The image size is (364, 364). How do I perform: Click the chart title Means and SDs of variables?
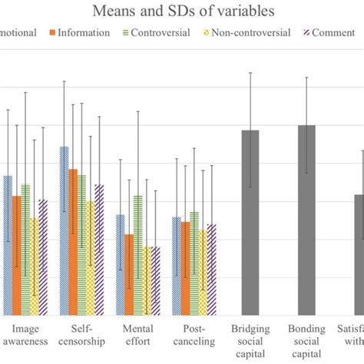point(182,11)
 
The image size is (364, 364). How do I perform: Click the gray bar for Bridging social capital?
point(250,223)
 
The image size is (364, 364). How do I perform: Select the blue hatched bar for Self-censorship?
point(64,230)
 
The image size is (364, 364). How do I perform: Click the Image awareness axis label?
point(25,335)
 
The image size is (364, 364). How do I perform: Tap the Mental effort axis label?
point(137,335)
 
